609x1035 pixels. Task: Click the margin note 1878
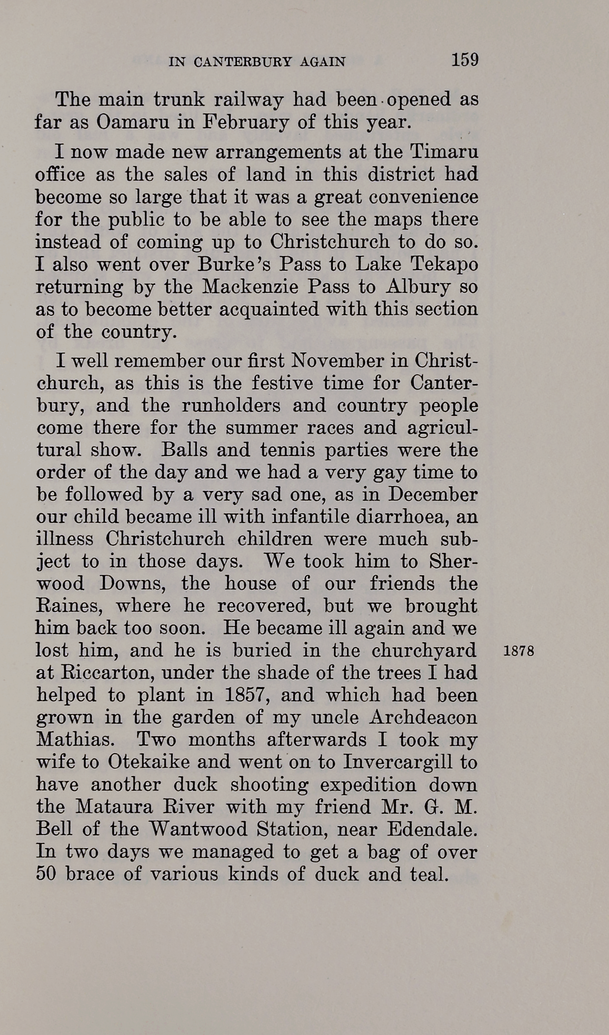click(x=519, y=653)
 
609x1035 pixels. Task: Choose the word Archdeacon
click(x=423, y=718)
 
